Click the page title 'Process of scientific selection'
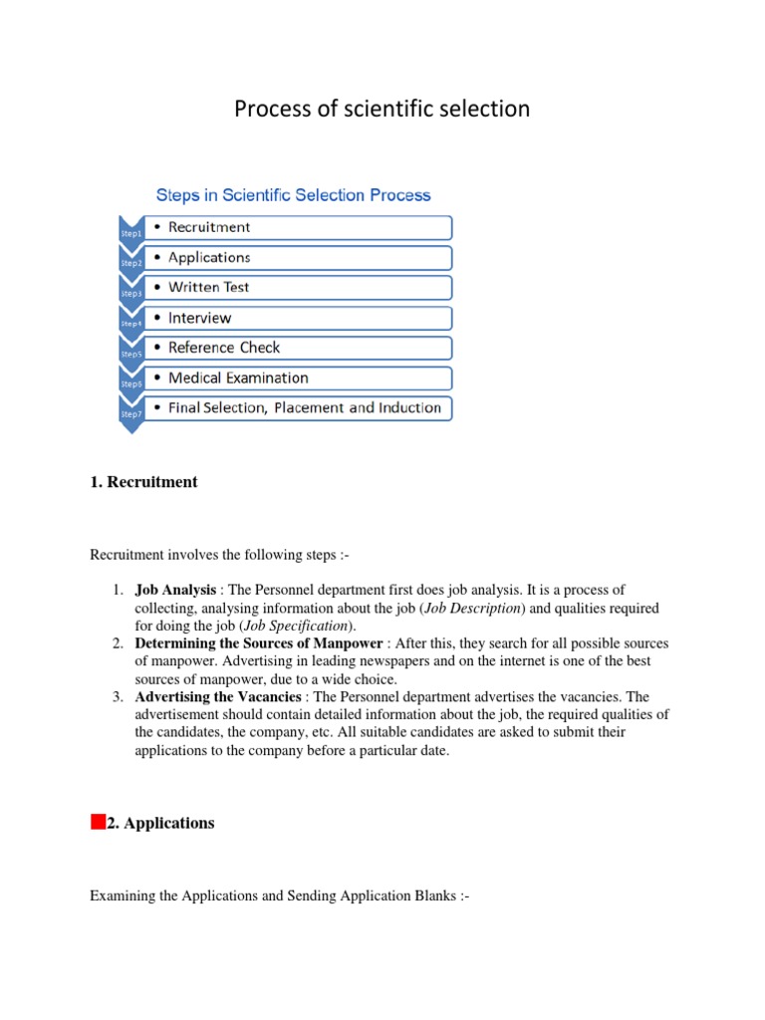(x=382, y=110)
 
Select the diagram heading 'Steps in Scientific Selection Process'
(x=293, y=195)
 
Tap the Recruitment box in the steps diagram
(x=298, y=227)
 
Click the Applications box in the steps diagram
(x=298, y=258)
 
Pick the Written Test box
(x=298, y=288)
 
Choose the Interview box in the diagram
(x=298, y=319)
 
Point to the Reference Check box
(x=298, y=348)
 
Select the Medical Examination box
(x=298, y=379)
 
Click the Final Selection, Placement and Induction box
(x=298, y=408)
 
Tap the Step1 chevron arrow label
(x=131, y=233)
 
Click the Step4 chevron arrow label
(x=131, y=324)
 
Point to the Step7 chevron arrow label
(x=131, y=413)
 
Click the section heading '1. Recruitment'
(x=143, y=482)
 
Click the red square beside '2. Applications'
(x=97, y=822)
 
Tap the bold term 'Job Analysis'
(x=175, y=591)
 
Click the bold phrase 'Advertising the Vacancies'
(x=217, y=697)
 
